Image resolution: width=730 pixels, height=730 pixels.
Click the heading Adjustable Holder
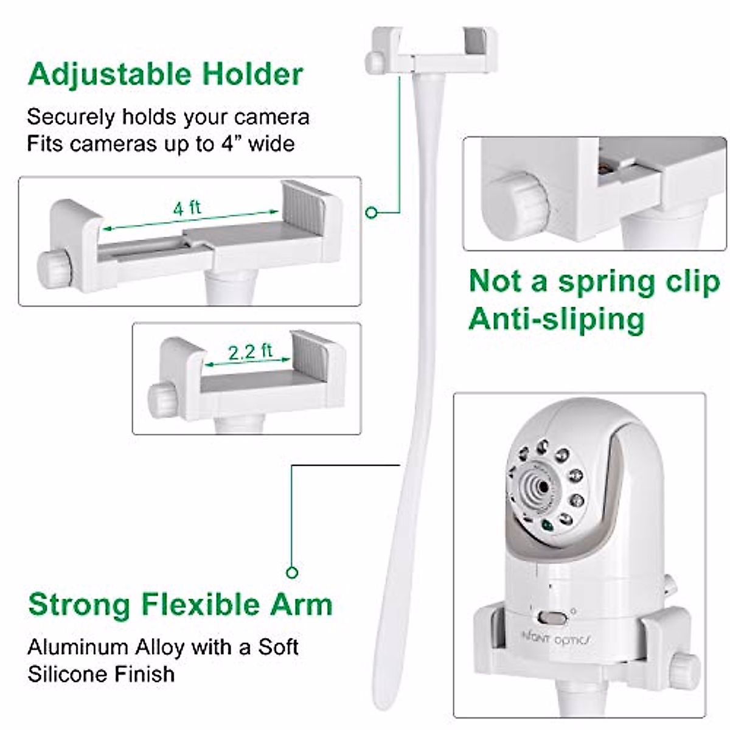tap(165, 75)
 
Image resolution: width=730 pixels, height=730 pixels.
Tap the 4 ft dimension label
tap(187, 209)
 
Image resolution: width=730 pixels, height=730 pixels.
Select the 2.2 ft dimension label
tap(250, 352)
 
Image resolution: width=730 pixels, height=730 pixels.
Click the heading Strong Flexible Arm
tap(180, 605)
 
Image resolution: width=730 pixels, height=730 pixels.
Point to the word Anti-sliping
tap(556, 319)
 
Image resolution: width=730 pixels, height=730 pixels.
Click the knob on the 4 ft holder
tap(55, 268)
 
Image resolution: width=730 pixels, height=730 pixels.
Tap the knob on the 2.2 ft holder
tap(163, 400)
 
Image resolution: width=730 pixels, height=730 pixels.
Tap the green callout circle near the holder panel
tap(372, 212)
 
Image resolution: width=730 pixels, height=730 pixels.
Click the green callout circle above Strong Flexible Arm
tap(292, 572)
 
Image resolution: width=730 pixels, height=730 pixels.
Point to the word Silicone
tap(66, 674)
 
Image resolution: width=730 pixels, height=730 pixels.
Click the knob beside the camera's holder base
tap(684, 672)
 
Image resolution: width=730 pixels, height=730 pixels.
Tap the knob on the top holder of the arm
tap(375, 62)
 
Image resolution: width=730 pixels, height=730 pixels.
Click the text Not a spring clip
tap(594, 282)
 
